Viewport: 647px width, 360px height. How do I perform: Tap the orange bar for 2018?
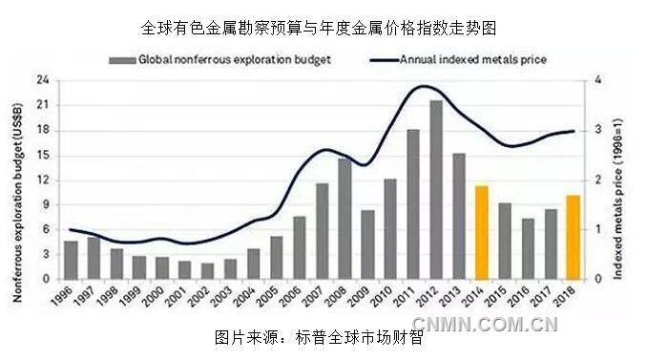[x=573, y=237]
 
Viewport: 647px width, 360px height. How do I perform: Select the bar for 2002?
[x=207, y=271]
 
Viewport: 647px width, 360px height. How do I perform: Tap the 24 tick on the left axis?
[x=44, y=80]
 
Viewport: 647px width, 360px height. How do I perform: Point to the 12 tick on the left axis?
[x=44, y=180]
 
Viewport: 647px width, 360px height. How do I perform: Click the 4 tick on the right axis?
[x=596, y=80]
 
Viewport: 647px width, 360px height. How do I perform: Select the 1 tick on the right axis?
[x=596, y=229]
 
